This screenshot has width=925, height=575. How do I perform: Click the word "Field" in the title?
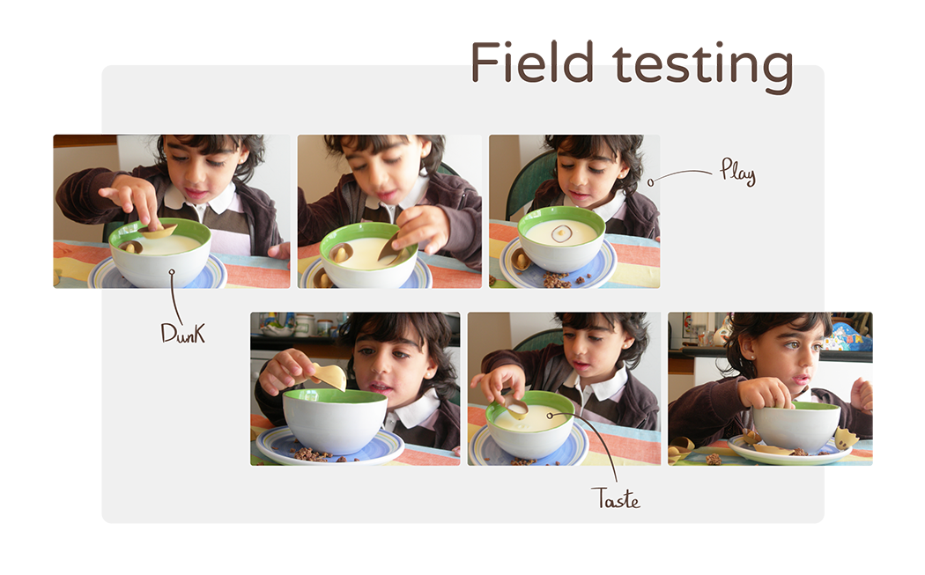[x=531, y=62]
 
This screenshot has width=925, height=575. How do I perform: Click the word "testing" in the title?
[x=703, y=67]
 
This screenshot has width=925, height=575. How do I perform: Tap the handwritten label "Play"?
[x=737, y=172]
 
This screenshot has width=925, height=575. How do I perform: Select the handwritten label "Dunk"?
[x=183, y=333]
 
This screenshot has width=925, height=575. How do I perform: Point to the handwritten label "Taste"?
[x=615, y=499]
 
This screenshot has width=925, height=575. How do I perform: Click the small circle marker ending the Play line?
[x=650, y=182]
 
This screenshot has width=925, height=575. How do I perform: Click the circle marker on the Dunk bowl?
[x=172, y=272]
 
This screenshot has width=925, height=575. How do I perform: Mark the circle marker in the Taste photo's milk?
[x=550, y=415]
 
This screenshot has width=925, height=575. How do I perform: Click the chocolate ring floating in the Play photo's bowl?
[x=561, y=233]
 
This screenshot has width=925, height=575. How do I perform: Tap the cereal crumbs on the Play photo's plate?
[x=559, y=279]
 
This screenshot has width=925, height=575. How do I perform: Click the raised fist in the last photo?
[x=862, y=392]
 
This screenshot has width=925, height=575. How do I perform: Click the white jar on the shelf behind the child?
[x=304, y=324]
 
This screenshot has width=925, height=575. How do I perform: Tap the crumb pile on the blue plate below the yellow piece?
[x=314, y=454]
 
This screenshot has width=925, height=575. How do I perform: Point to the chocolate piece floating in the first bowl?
[x=130, y=246]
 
